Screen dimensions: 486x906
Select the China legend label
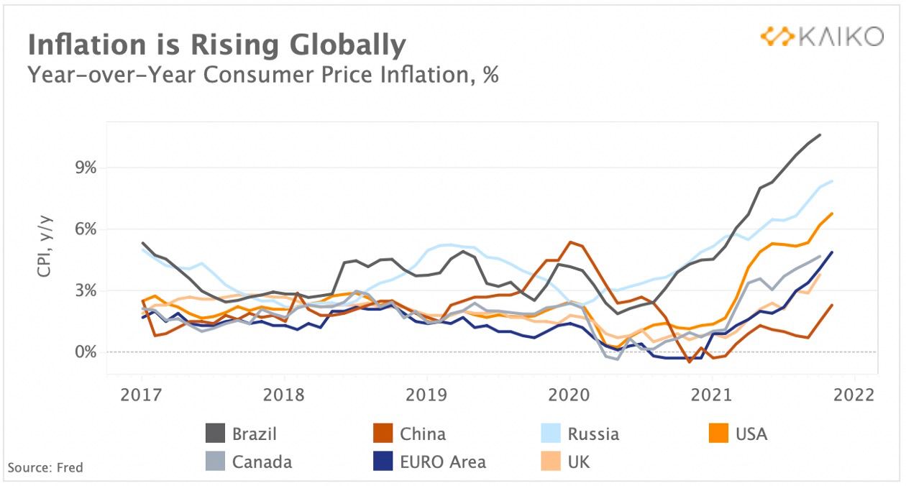[x=422, y=434]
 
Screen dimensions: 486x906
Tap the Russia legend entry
[x=592, y=434]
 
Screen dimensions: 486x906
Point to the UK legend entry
[x=578, y=462]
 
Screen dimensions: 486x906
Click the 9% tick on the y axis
[x=81, y=168]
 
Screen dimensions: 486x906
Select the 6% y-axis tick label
[x=81, y=229]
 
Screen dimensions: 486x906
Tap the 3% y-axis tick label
[x=81, y=291]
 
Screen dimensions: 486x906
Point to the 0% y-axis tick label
[x=81, y=352]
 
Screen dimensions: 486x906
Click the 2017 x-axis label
[x=141, y=395]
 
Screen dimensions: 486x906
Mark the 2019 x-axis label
[x=426, y=395]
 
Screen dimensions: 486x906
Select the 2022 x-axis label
[x=854, y=395]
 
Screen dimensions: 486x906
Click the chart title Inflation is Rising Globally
[x=216, y=45]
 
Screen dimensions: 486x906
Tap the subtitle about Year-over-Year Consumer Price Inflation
[x=262, y=74]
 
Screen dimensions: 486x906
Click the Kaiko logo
[x=822, y=37]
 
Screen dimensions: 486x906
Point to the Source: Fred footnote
[x=45, y=468]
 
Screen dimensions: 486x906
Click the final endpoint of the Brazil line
[x=820, y=134]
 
